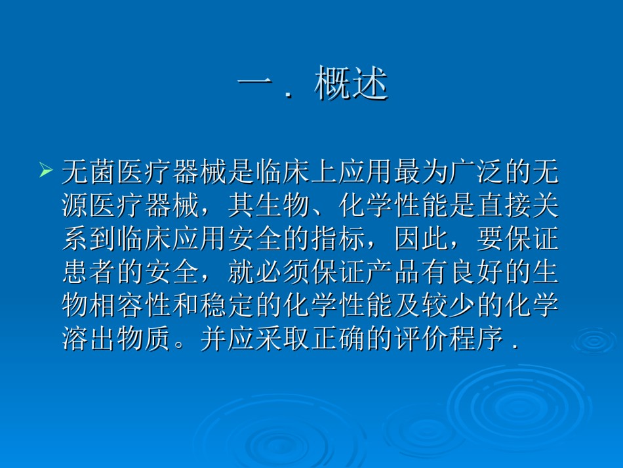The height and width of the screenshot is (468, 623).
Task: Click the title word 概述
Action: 351,83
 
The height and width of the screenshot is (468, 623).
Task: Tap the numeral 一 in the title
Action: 255,81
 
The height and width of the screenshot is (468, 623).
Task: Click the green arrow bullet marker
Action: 46,170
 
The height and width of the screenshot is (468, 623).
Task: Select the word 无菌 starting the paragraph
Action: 89,172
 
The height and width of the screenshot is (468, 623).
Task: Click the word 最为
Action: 422,172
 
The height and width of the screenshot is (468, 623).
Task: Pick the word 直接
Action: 504,205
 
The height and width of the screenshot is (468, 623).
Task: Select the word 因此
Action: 422,239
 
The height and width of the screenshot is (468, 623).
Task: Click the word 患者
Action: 89,272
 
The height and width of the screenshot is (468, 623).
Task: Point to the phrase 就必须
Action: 269,272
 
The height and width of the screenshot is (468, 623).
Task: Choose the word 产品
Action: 393,272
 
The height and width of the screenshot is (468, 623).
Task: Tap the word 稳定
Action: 228,305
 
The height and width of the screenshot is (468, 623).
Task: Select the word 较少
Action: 449,305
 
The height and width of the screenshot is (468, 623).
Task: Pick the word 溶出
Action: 89,339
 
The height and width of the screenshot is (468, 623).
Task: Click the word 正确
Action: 338,339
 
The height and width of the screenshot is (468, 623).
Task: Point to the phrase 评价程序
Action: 449,339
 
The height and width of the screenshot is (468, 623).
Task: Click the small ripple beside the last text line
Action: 593,341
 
